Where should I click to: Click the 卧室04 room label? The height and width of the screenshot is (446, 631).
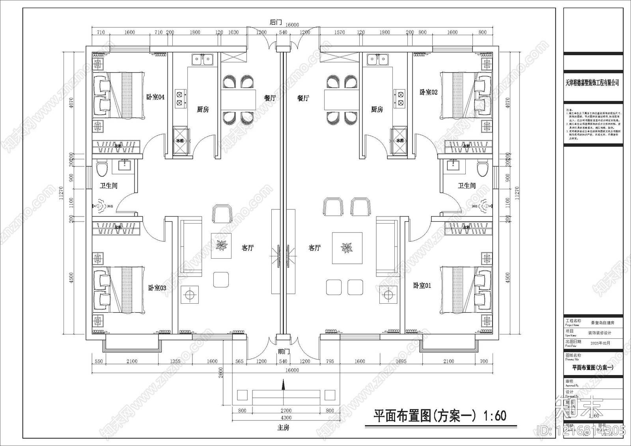[x=155, y=97]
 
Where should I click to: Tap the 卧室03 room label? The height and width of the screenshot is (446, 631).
[x=157, y=288]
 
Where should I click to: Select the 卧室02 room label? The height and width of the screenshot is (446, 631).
[x=428, y=92]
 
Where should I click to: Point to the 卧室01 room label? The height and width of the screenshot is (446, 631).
[x=422, y=286]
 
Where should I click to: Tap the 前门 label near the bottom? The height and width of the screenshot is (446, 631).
[x=284, y=351]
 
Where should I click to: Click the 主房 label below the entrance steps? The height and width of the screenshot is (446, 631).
[x=283, y=427]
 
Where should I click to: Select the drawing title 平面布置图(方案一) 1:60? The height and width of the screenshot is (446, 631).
[x=440, y=416]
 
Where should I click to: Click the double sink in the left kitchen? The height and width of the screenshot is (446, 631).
[x=203, y=60]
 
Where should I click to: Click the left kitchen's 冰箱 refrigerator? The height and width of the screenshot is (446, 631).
[x=180, y=140]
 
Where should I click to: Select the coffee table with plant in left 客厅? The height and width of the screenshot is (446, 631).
[x=221, y=246]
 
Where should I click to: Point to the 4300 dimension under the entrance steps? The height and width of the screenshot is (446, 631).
[x=286, y=418]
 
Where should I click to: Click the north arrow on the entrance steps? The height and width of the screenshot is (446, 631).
[x=283, y=384]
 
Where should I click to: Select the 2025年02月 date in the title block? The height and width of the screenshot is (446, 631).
[x=600, y=343]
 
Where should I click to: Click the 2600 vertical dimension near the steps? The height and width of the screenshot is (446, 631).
[x=221, y=372]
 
